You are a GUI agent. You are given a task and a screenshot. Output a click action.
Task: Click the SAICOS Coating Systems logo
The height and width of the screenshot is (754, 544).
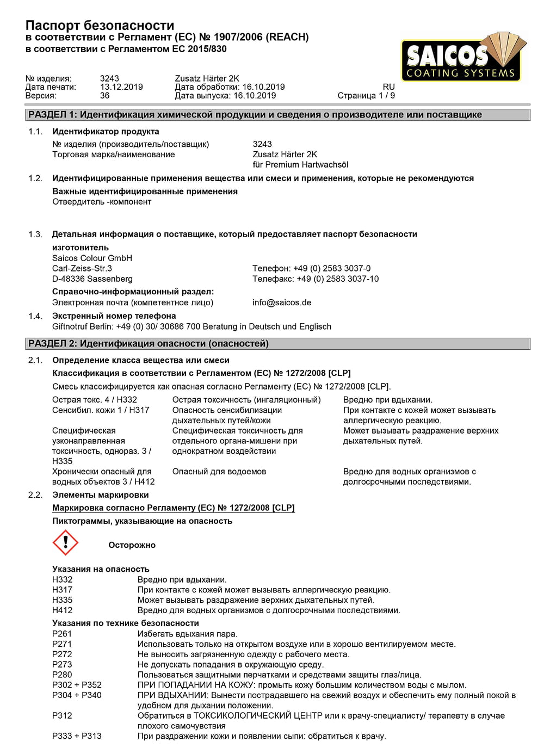click(463, 58)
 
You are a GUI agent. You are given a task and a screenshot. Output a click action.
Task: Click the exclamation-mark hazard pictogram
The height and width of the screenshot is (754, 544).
click(65, 542)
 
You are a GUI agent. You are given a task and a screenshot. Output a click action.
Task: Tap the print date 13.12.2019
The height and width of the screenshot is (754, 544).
click(121, 87)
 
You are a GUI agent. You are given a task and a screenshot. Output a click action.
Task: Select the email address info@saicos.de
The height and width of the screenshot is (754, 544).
click(282, 302)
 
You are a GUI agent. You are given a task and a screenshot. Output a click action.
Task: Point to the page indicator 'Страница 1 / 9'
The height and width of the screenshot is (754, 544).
click(366, 96)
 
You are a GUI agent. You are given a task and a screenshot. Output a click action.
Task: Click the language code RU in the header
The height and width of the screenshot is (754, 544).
click(388, 87)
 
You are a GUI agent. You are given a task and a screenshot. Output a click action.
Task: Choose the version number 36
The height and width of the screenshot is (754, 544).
click(104, 96)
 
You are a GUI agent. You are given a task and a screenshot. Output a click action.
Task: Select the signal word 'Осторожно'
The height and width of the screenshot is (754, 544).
click(132, 545)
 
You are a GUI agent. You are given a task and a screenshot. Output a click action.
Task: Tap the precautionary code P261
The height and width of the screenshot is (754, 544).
click(62, 634)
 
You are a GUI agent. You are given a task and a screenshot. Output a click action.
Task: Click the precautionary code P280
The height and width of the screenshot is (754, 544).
click(62, 675)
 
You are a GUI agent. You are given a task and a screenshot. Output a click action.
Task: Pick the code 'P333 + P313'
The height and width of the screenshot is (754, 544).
click(77, 736)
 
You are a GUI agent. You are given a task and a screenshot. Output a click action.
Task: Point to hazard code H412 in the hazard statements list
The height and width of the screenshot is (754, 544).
click(62, 610)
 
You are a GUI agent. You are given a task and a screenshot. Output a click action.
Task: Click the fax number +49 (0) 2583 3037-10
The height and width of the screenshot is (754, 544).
click(316, 279)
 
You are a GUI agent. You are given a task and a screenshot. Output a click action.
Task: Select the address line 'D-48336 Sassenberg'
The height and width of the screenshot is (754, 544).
click(92, 279)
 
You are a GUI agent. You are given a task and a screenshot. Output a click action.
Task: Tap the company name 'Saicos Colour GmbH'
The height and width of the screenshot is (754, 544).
click(92, 258)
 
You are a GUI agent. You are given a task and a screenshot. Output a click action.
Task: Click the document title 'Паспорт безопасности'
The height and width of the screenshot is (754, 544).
click(100, 25)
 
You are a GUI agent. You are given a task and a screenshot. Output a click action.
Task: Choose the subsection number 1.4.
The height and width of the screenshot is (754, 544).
click(35, 316)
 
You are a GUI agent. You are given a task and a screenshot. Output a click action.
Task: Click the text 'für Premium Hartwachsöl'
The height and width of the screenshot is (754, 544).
click(300, 165)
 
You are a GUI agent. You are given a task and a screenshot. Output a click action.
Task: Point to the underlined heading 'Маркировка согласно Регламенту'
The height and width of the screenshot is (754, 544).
click(173, 508)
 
